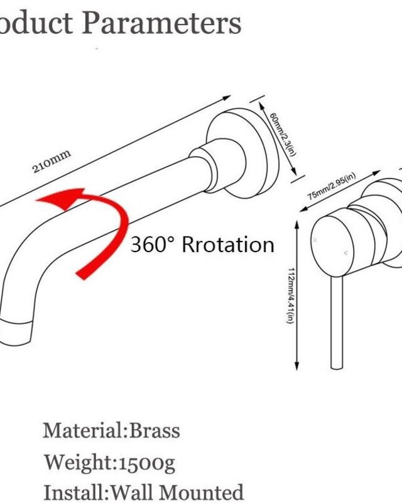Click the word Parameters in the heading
[x=161, y=23]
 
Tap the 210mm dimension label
[x=52, y=162]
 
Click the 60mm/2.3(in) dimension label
[x=282, y=134]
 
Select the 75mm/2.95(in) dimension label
[x=332, y=186]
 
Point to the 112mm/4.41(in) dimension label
[x=290, y=296]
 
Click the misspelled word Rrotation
[x=228, y=245]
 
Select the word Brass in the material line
[x=154, y=431]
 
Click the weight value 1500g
[x=147, y=463]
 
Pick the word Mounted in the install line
[x=202, y=492]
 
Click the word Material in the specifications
[x=83, y=431]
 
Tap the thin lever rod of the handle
[x=337, y=322]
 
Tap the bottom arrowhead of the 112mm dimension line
[x=297, y=365]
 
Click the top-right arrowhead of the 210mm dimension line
[x=226, y=97]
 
